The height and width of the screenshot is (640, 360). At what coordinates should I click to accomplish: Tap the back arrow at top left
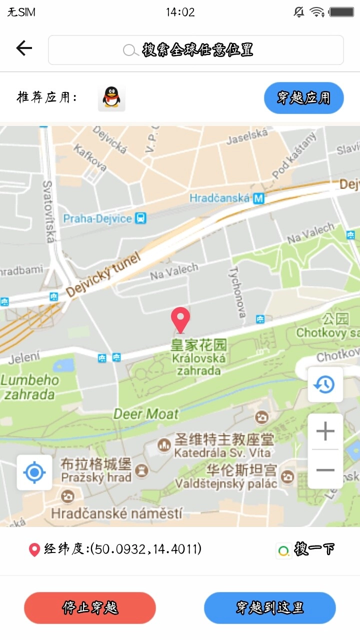(23, 48)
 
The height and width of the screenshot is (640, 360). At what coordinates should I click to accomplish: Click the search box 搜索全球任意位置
(195, 50)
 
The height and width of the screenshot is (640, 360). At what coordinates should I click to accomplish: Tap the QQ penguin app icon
(111, 97)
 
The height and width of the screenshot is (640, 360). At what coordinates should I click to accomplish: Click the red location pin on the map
(180, 319)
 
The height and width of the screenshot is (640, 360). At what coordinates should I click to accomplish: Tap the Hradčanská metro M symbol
(258, 198)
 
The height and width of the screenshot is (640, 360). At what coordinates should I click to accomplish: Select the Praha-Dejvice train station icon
(141, 218)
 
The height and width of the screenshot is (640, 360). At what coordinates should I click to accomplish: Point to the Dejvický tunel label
(103, 275)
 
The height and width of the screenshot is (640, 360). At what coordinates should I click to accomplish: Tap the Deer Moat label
(146, 414)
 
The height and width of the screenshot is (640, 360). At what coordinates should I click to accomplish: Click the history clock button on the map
(325, 384)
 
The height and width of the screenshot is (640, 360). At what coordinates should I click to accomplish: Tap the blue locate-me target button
(34, 472)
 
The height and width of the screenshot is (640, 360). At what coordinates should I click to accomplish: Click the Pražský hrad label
(96, 477)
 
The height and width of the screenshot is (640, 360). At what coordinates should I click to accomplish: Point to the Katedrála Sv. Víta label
(222, 453)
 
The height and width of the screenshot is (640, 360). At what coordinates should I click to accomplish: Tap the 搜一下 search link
(306, 549)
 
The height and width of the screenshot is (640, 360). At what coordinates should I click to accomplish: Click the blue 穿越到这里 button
(269, 608)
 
